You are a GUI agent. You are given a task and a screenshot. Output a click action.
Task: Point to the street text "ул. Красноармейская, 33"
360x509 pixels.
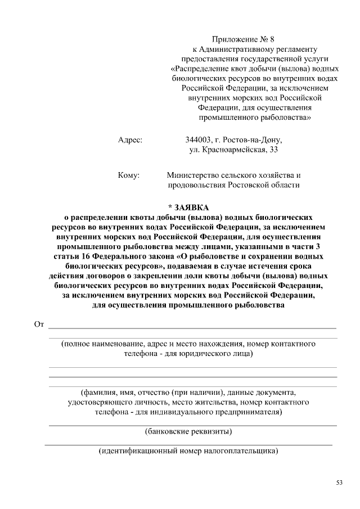click(x=233, y=150)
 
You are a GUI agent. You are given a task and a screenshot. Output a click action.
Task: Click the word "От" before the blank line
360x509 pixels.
click(x=39, y=325)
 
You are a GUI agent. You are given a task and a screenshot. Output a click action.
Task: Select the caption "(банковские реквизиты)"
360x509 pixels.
click(x=188, y=432)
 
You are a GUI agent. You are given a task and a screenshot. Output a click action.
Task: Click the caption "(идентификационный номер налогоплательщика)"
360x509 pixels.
click(x=188, y=451)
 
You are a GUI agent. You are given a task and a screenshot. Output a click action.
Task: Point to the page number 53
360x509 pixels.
click(x=339, y=483)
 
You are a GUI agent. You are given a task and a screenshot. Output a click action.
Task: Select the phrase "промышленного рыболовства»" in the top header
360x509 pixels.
click(x=255, y=118)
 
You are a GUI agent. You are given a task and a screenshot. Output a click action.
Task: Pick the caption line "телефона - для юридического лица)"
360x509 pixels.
click(x=188, y=354)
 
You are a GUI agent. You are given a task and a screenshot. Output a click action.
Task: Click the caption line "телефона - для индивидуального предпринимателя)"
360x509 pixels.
click(x=188, y=412)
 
